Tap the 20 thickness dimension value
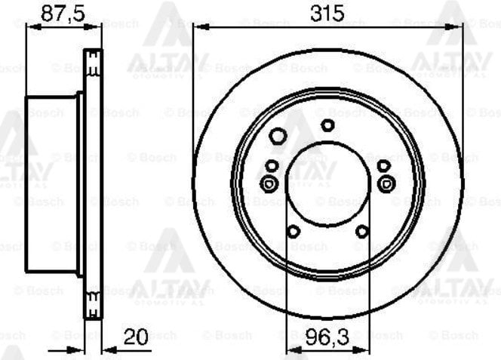(135, 338)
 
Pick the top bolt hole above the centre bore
(327, 125)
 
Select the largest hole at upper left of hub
(278, 137)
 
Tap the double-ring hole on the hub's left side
(269, 183)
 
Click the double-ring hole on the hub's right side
(386, 183)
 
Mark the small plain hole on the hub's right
(383, 165)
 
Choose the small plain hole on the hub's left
(272, 165)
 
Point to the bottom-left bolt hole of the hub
(294, 231)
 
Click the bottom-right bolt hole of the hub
(362, 231)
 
